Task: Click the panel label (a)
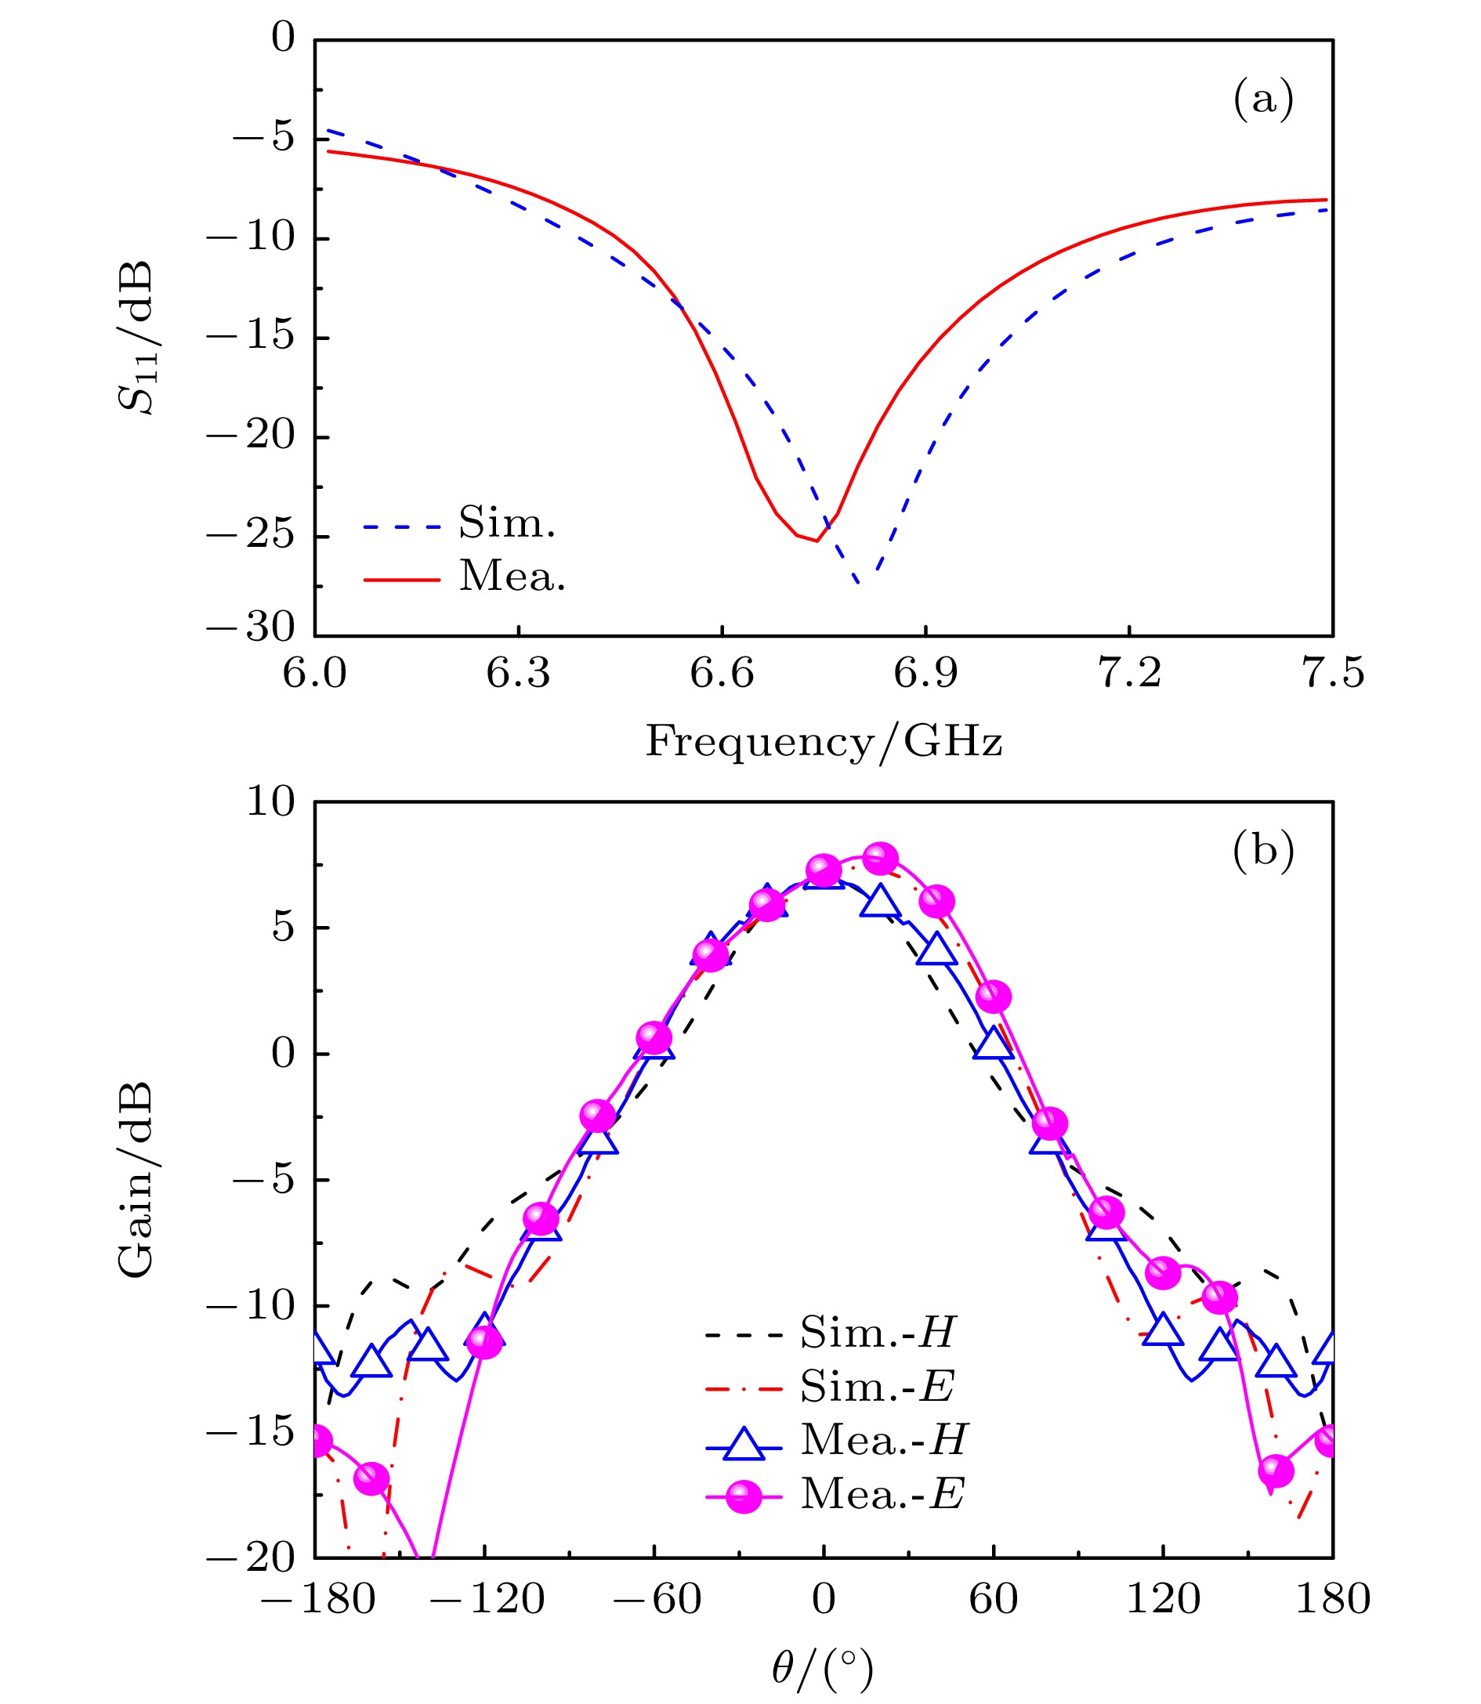point(1262,99)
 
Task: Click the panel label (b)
point(1262,850)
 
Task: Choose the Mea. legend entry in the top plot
point(512,577)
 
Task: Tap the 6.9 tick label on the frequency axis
point(925,674)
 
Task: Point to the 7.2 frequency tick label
point(1128,674)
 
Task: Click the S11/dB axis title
point(136,338)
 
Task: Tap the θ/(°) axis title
point(821,1670)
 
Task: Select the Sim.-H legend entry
point(877,1332)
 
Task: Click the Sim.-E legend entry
point(877,1386)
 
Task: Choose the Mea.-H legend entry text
point(883,1439)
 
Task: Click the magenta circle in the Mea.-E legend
point(743,1494)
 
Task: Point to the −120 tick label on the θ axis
point(487,1600)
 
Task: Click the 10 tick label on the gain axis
point(270,801)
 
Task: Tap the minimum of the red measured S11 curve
point(817,541)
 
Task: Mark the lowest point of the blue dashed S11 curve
point(860,584)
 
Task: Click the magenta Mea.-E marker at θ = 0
point(823,870)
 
